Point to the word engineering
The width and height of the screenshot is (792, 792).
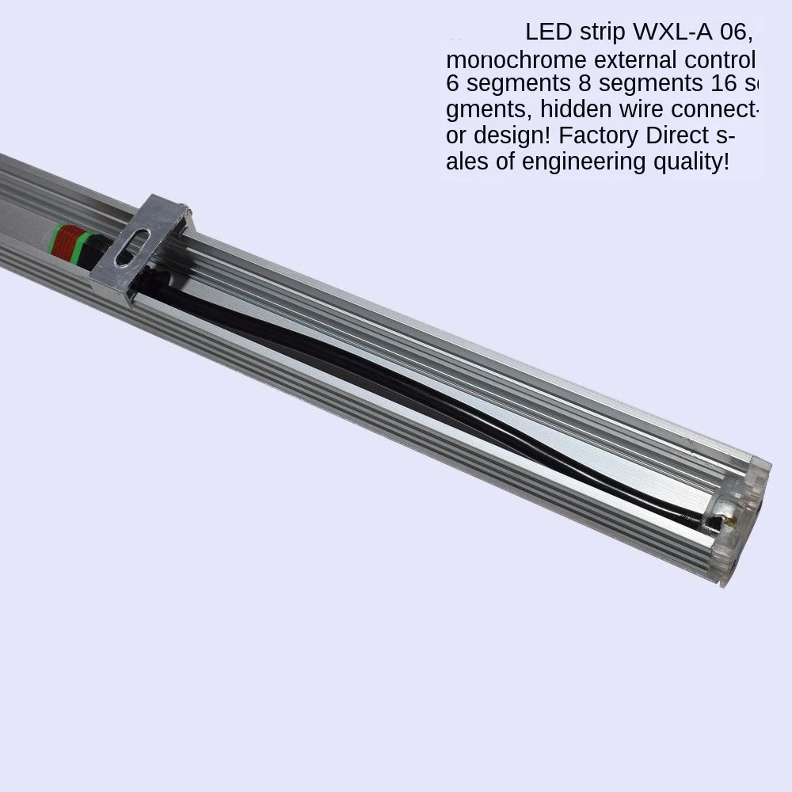click(x=583, y=162)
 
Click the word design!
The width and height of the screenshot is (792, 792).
click(x=506, y=135)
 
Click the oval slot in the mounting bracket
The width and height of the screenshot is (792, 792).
click(x=131, y=246)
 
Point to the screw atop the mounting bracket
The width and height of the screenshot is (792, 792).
click(x=185, y=211)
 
